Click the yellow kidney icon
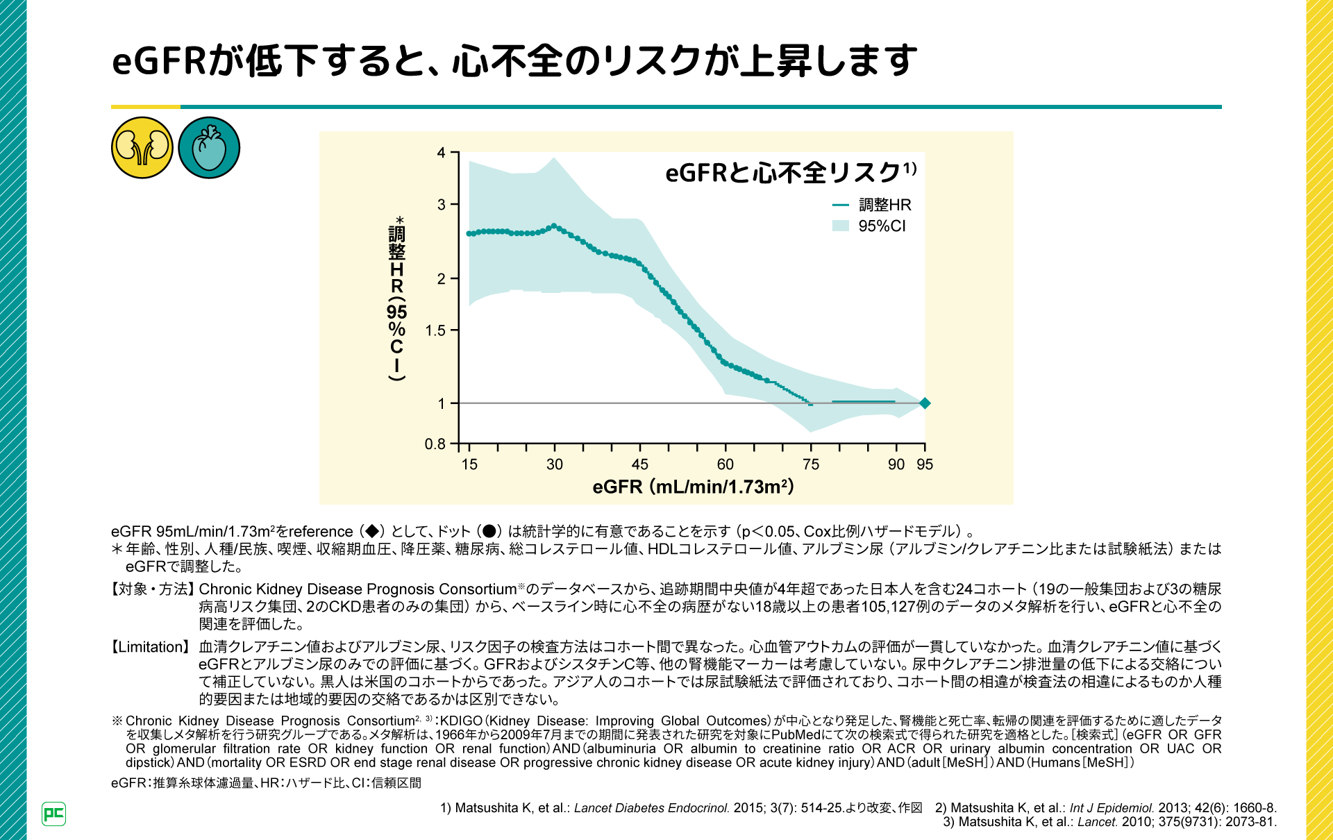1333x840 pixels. [142, 148]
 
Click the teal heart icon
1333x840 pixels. [209, 148]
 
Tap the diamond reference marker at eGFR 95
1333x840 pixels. [925, 403]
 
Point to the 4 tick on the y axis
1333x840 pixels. [442, 153]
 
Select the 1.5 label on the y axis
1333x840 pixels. [435, 330]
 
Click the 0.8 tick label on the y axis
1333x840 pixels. [435, 444]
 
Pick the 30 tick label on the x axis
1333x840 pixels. [555, 464]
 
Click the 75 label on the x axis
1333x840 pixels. [811, 464]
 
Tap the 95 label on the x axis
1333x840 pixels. [925, 464]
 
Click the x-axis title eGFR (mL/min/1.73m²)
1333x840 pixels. [693, 487]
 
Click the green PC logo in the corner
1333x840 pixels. [53, 814]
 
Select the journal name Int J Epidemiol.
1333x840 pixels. [1112, 808]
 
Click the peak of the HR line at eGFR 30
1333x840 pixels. [554, 226]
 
